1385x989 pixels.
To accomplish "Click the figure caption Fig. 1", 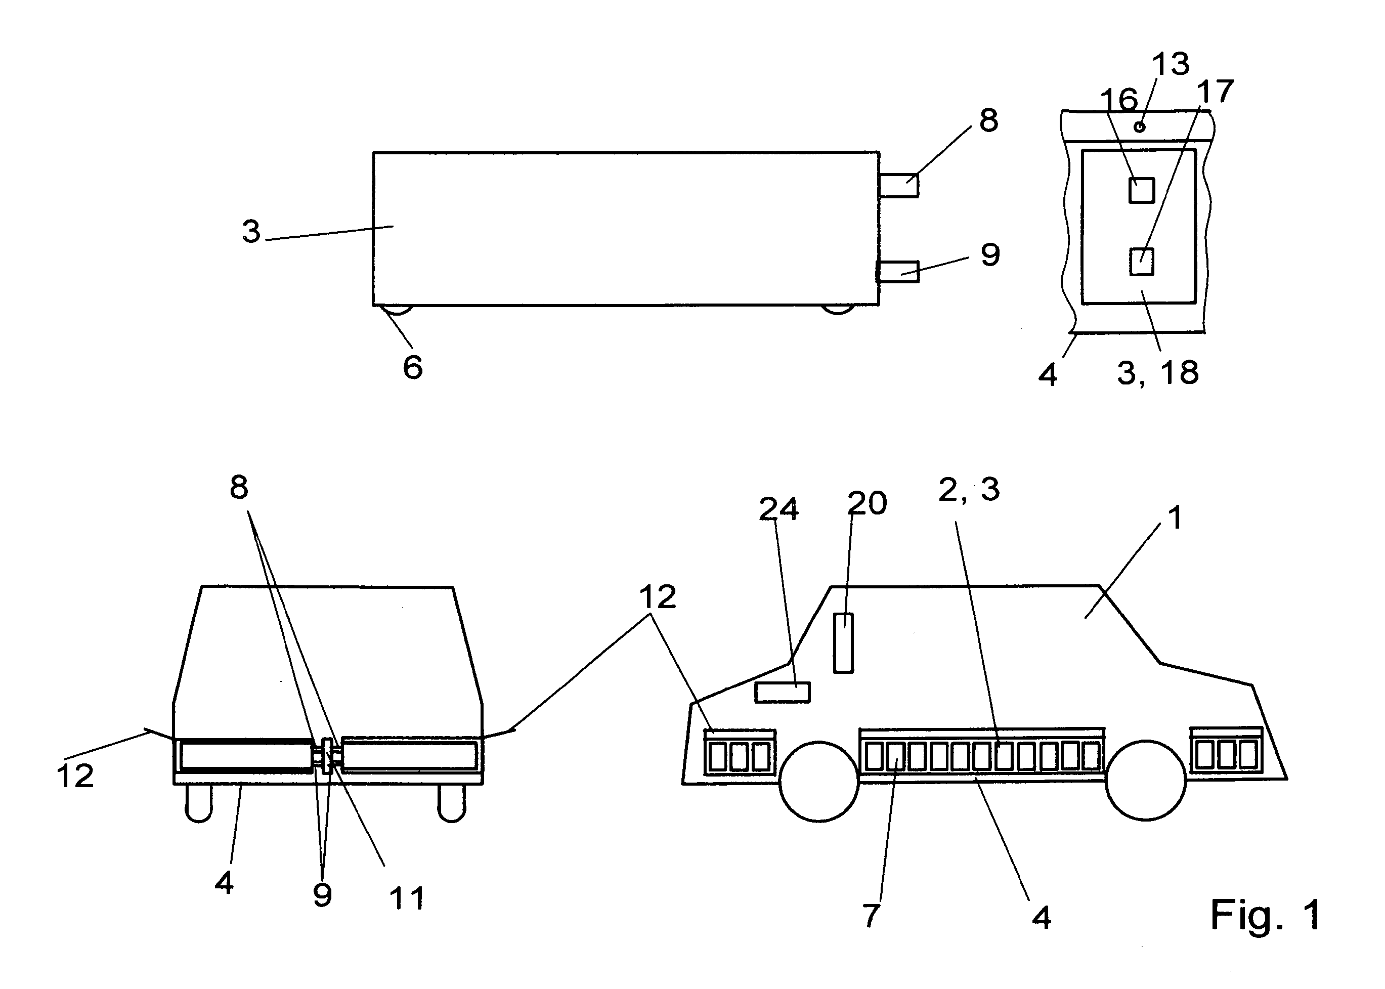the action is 1265,914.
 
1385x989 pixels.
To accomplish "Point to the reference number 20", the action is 867,503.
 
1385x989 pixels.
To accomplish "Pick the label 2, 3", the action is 969,490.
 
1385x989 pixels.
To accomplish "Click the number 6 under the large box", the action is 412,367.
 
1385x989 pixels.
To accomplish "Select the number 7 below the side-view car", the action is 871,915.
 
